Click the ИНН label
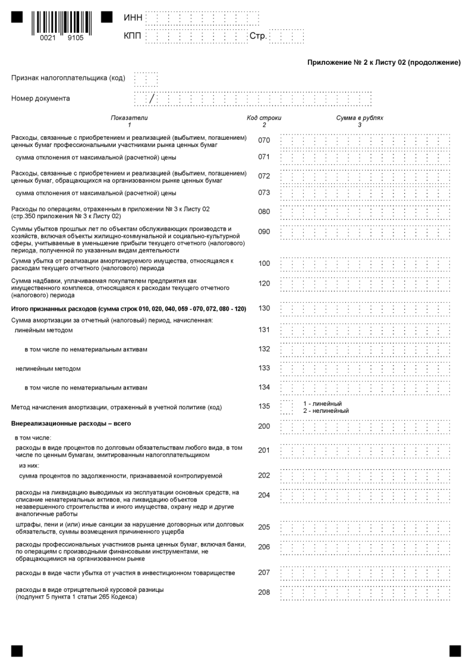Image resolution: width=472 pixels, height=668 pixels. coord(133,18)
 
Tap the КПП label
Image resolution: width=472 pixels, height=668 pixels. coord(133,37)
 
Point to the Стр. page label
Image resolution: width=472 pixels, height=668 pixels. coord(258,37)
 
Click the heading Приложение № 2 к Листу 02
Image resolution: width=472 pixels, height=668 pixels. coord(384,62)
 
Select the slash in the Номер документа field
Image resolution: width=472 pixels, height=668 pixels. coord(152,99)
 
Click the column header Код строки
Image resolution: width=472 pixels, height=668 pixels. coord(264,118)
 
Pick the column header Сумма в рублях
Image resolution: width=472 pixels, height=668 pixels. coord(360,118)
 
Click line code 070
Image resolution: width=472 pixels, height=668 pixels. coord(264,141)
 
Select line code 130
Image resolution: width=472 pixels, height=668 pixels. coord(264,308)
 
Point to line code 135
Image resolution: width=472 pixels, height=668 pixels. coord(264,406)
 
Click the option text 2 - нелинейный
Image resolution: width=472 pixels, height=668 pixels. coord(326,411)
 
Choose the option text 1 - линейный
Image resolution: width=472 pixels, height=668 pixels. coord(322,404)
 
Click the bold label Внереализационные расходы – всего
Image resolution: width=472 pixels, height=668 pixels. coord(71,424)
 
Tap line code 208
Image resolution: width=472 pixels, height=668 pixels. coord(264,592)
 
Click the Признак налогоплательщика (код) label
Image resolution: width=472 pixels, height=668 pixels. coord(68,78)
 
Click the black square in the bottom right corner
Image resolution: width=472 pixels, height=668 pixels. coord(455,651)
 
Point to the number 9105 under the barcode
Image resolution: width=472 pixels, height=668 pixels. coord(75,38)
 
